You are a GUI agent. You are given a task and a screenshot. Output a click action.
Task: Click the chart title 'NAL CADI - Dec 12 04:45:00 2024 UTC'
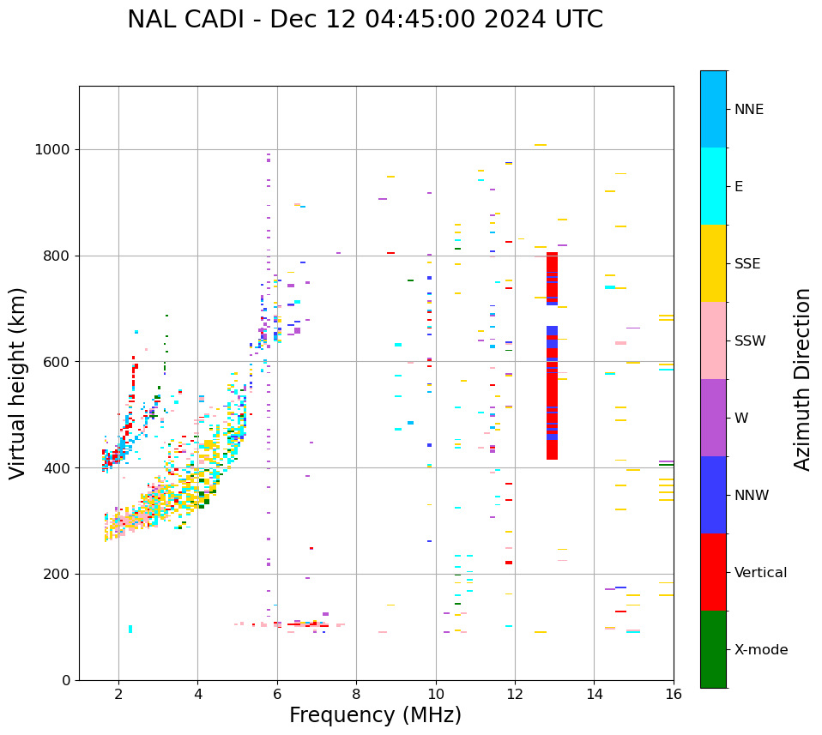point(365,20)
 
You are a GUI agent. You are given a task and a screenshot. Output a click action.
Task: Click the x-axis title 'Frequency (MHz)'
point(375,715)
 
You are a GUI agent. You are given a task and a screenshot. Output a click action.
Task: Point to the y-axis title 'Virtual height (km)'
point(18,383)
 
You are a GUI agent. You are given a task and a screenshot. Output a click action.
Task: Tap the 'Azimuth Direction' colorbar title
point(802,379)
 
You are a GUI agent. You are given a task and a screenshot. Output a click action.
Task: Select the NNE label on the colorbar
point(748,110)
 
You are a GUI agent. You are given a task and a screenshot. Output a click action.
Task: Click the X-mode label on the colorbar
point(760,650)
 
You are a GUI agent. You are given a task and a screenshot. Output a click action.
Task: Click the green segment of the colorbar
point(713,649)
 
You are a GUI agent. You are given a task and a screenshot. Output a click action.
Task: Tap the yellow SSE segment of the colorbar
point(713,263)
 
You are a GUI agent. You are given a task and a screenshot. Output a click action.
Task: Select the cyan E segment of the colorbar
point(713,186)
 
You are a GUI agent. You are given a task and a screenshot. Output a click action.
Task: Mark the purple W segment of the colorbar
point(713,418)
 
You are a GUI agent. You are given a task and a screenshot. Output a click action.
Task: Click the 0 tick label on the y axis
point(66,680)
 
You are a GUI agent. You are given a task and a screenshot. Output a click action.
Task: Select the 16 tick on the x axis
point(674,694)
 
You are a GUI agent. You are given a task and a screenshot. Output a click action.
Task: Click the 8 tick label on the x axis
point(356,694)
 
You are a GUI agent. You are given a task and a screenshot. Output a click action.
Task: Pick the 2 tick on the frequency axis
point(118,694)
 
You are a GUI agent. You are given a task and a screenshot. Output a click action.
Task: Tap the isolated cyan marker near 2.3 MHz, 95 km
point(130,629)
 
